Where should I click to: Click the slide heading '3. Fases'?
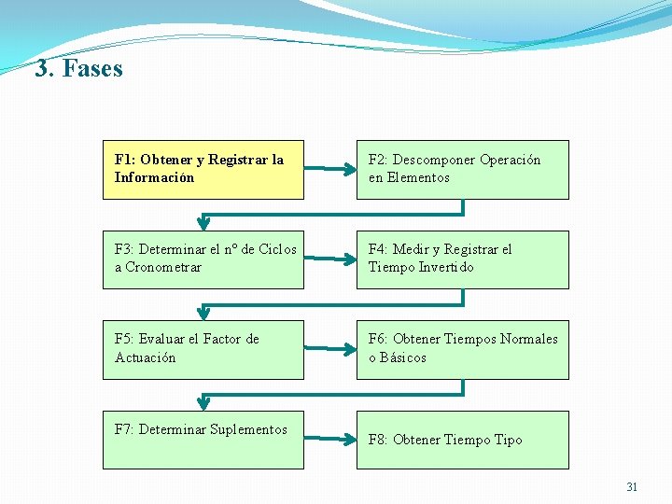[78, 68]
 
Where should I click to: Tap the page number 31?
[632, 486]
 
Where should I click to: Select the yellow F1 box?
[203, 169]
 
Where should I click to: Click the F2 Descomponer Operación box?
[462, 169]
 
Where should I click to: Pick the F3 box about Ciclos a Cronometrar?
[203, 259]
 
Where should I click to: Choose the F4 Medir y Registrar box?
[462, 259]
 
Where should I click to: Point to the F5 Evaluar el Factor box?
[203, 349]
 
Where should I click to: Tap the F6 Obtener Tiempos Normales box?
[462, 349]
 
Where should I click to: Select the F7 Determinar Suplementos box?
[203, 439]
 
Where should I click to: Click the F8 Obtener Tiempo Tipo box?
[462, 439]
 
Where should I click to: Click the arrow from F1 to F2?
[329, 170]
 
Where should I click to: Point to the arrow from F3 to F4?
[329, 259]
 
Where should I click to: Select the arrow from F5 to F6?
[329, 349]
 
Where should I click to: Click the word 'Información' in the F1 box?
[154, 177]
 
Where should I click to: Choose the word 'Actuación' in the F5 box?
[145, 357]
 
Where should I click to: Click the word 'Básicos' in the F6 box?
[402, 357]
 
